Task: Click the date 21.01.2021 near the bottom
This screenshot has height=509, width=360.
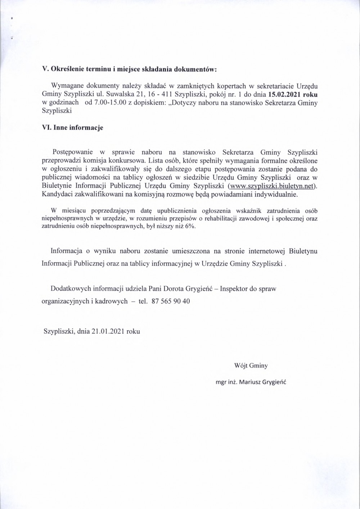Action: point(107,331)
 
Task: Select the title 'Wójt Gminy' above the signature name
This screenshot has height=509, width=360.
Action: point(251,366)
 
